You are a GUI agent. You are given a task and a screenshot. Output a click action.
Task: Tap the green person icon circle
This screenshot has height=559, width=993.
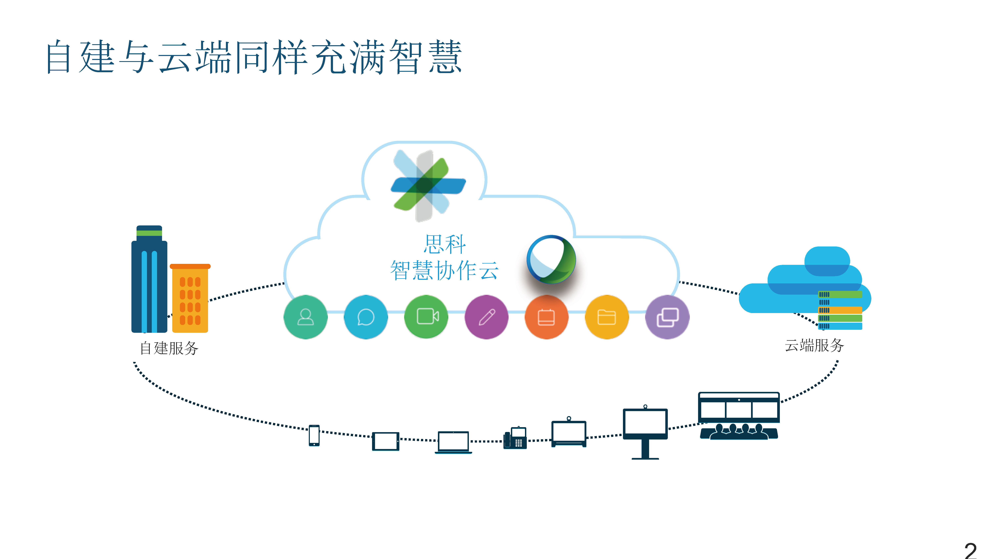point(305,317)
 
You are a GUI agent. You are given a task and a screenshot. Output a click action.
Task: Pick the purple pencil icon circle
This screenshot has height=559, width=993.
point(486,317)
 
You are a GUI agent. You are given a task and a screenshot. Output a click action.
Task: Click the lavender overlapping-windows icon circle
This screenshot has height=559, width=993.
point(667,317)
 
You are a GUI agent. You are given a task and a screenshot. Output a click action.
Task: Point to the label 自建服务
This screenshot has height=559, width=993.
point(169,348)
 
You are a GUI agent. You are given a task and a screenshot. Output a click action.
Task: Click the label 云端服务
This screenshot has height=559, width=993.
point(814,345)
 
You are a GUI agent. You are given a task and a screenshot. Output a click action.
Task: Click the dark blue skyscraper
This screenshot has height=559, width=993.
point(149,280)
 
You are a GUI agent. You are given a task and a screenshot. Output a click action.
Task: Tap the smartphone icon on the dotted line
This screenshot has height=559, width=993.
point(314,435)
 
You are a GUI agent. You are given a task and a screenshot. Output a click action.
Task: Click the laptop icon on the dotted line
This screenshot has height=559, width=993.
point(453,442)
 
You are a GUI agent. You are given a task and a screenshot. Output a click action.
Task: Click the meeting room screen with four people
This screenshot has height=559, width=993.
point(739,416)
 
